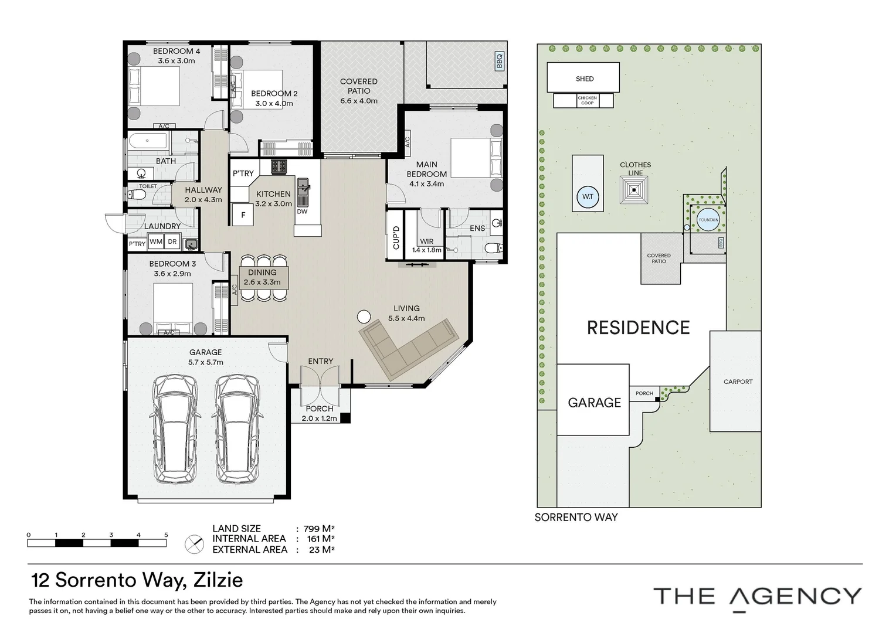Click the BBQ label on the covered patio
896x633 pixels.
pyautogui.click(x=500, y=61)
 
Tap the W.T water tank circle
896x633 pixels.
pyautogui.click(x=588, y=198)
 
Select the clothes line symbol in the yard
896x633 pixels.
pyautogui.click(x=635, y=189)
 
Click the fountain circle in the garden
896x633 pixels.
pyautogui.click(x=708, y=220)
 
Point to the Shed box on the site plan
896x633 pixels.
pyautogui.click(x=583, y=78)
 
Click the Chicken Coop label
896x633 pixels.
pyautogui.click(x=586, y=101)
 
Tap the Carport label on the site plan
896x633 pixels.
pyautogui.click(x=737, y=382)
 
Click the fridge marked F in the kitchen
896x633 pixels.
pyautogui.click(x=243, y=215)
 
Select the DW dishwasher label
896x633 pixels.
pyautogui.click(x=302, y=212)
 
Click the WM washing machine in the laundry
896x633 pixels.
pyautogui.click(x=156, y=241)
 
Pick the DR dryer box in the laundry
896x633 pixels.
pyautogui.click(x=172, y=241)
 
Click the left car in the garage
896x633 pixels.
pyautogui.click(x=175, y=429)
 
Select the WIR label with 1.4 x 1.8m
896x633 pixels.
pyautogui.click(x=426, y=246)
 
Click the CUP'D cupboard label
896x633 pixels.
pyautogui.click(x=396, y=237)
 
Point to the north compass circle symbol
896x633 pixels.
pyautogui.click(x=194, y=544)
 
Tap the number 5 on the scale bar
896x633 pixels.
pyautogui.click(x=166, y=535)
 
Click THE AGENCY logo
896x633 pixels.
pyautogui.click(x=757, y=597)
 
